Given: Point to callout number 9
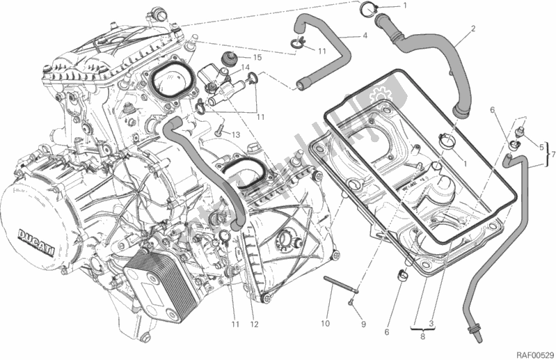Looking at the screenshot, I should pos(363,324).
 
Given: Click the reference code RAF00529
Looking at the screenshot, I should pos(532,353).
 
